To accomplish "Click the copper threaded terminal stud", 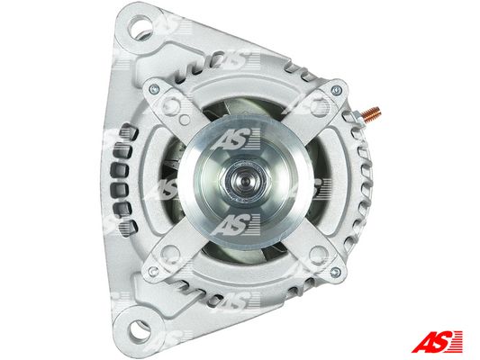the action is (371, 113).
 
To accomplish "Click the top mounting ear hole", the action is (140, 27).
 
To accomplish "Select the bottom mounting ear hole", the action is (140, 331).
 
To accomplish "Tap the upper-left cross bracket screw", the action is (154, 89).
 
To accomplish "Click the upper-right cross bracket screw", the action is (337, 90).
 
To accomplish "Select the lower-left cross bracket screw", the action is (153, 271).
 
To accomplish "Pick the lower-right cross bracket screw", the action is (335, 272).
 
